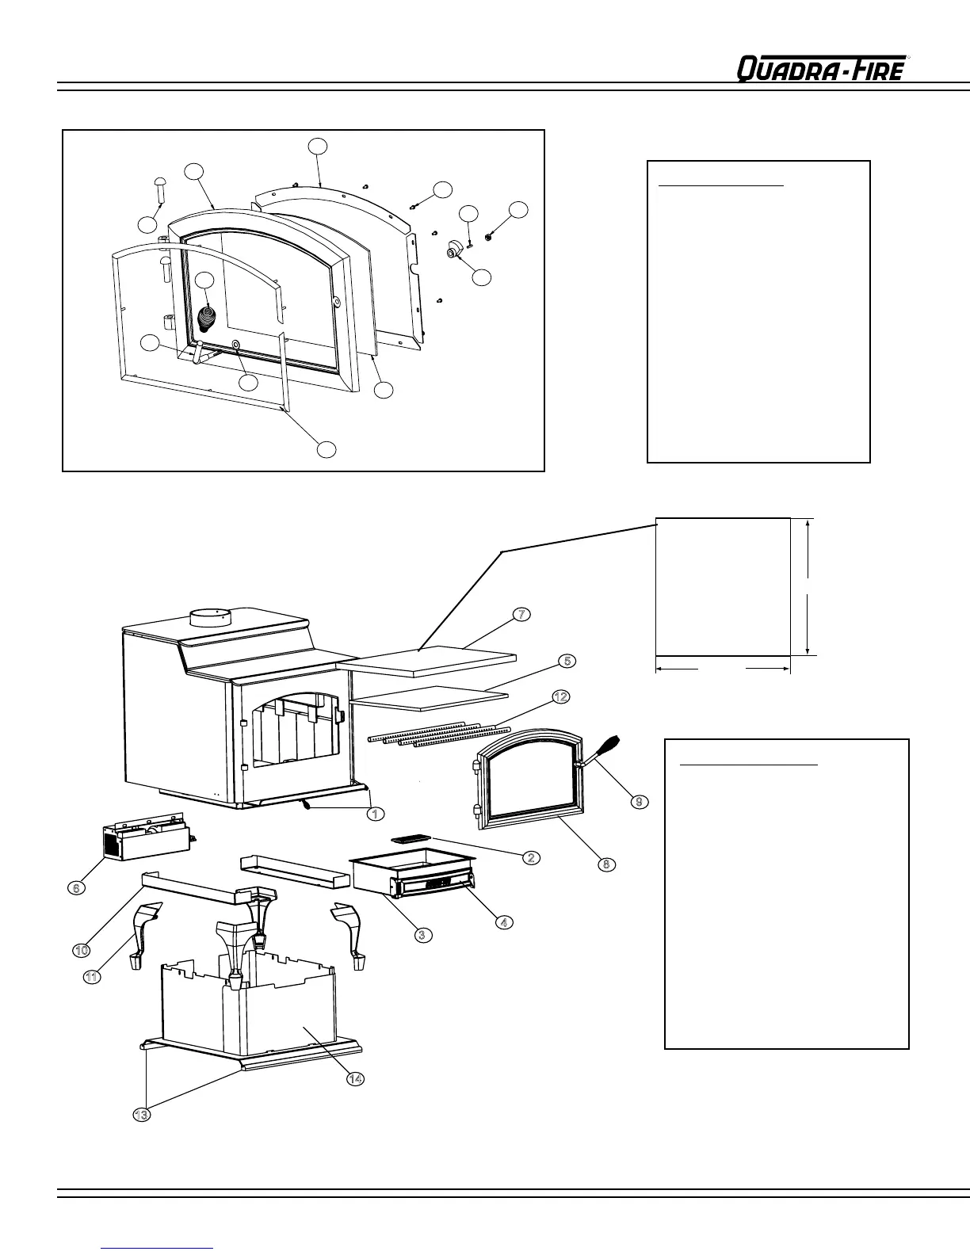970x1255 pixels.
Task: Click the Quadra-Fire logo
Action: pyautogui.click(x=821, y=69)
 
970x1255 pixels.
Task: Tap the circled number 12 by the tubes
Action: pyautogui.click(x=560, y=697)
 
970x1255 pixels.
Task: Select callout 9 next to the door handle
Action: pyautogui.click(x=639, y=801)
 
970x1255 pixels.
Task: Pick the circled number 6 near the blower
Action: pyautogui.click(x=75, y=888)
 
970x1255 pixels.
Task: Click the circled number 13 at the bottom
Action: pyautogui.click(x=141, y=1115)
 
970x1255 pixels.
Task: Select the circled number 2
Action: pyautogui.click(x=531, y=857)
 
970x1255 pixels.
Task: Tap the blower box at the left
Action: pyautogui.click(x=147, y=841)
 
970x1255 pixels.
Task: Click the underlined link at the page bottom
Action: pyautogui.click(x=158, y=1248)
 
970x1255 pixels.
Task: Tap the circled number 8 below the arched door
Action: pyautogui.click(x=605, y=864)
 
